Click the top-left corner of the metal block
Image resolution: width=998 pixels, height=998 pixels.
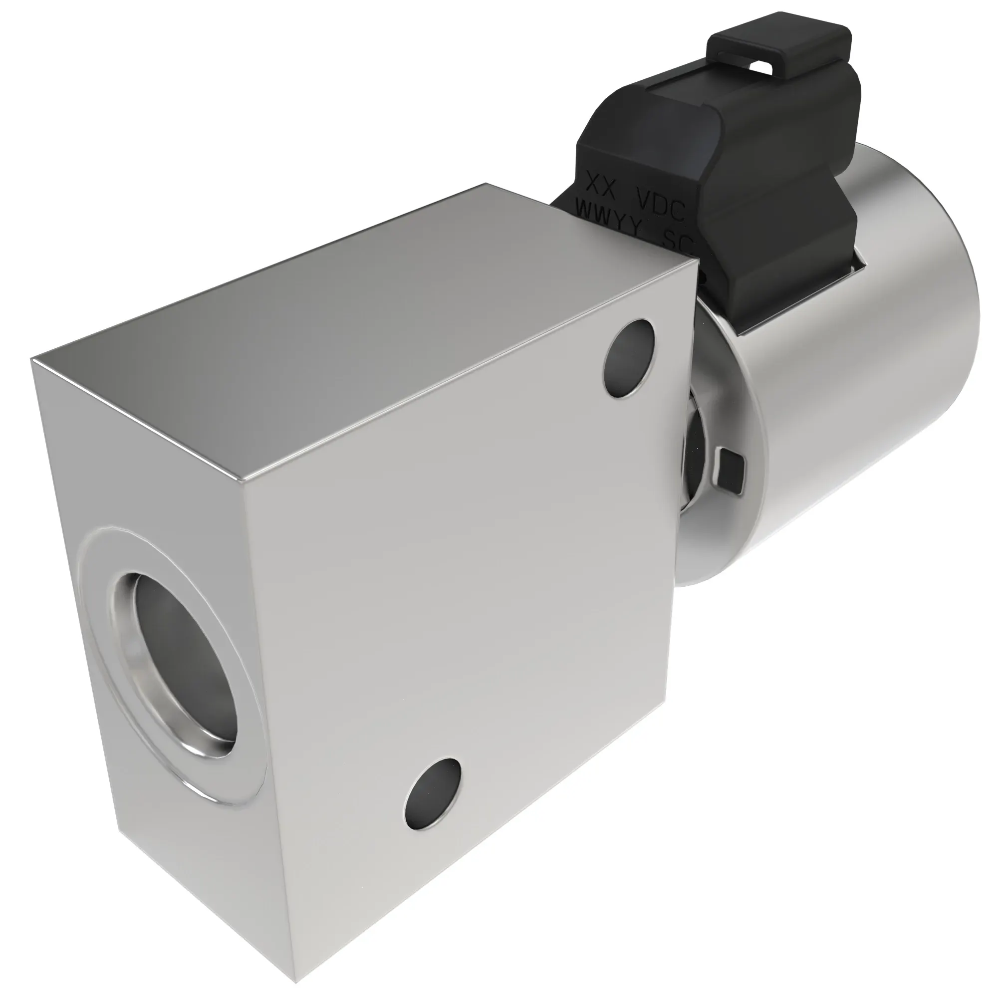[x=32, y=359]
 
